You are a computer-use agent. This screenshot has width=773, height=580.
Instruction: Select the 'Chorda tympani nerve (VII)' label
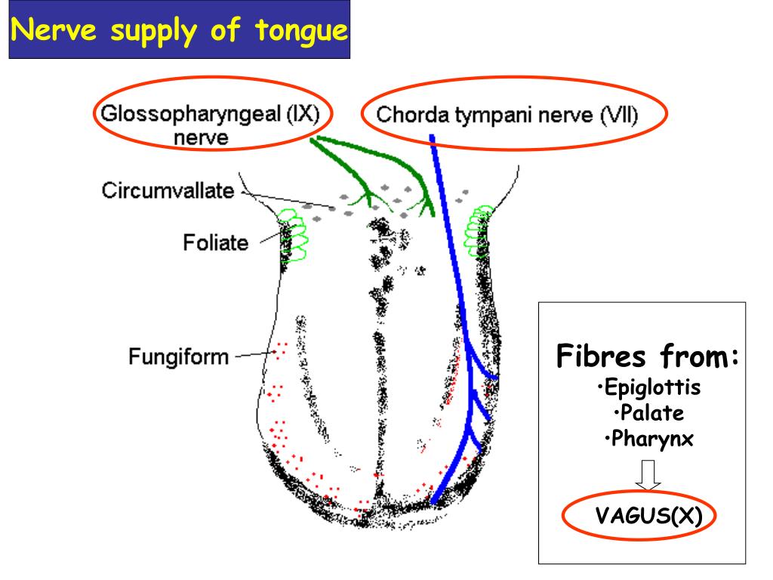pyautogui.click(x=507, y=116)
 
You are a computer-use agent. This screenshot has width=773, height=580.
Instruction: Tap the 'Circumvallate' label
pyautogui.click(x=168, y=190)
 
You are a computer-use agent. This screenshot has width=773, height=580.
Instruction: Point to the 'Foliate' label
pyautogui.click(x=215, y=243)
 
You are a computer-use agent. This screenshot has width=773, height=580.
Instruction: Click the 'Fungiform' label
pyautogui.click(x=178, y=356)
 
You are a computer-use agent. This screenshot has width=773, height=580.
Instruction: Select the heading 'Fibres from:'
pyautogui.click(x=647, y=356)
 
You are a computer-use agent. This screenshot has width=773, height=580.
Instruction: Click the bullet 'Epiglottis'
pyautogui.click(x=648, y=388)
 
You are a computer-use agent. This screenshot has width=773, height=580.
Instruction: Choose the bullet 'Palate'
pyautogui.click(x=648, y=413)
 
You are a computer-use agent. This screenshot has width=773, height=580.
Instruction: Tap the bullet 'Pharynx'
pyautogui.click(x=648, y=438)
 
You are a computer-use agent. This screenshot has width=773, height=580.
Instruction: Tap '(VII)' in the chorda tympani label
pyautogui.click(x=618, y=116)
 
